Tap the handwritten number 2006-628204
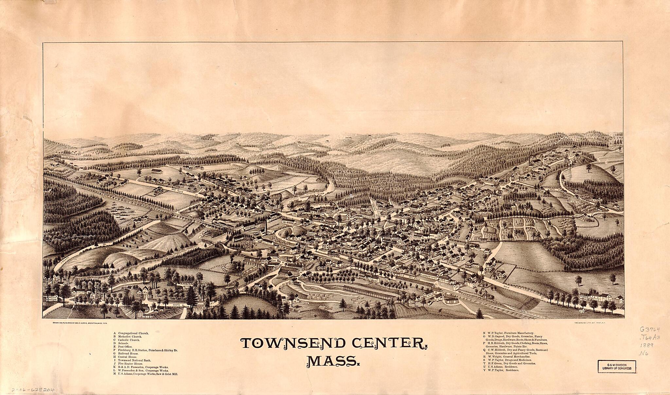(33, 390)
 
